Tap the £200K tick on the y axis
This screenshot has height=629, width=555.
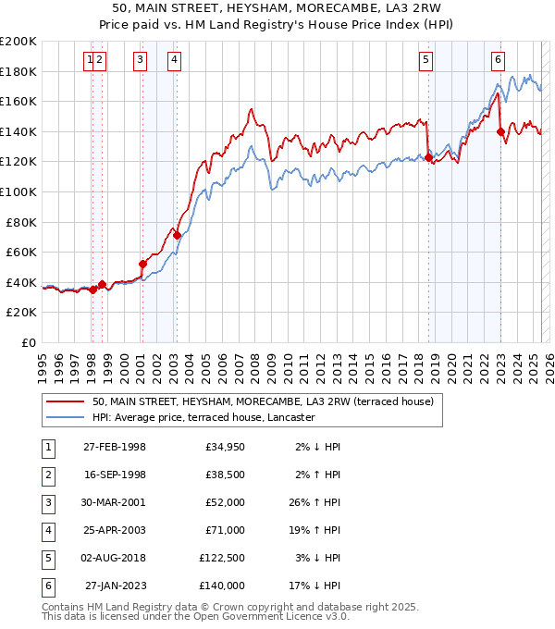[18, 42]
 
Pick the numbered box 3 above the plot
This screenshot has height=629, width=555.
[140, 61]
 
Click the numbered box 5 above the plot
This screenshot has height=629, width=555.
[425, 61]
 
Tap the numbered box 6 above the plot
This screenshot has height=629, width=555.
[498, 61]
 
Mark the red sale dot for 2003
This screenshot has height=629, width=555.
[177, 236]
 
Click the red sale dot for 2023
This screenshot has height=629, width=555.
[500, 131]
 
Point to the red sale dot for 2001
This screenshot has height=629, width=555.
[142, 264]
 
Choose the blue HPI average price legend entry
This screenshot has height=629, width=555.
[204, 417]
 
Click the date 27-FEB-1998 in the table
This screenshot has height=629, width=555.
[115, 448]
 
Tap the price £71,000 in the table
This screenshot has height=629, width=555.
[225, 531]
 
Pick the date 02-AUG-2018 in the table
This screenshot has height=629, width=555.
[115, 559]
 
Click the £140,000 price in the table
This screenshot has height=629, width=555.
[222, 586]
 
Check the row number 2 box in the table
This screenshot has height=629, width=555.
[46, 475]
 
